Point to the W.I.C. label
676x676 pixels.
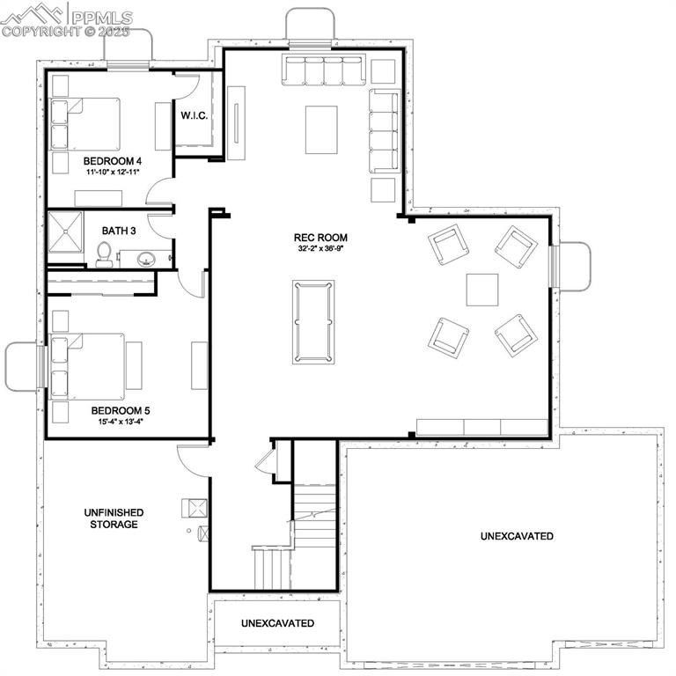194,115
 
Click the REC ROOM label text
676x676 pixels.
320,238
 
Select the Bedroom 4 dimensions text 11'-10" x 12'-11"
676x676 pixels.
113,173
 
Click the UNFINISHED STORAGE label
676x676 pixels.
113,518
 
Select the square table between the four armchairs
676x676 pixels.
482,290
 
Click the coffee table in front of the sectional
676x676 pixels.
321,129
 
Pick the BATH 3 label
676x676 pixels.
119,231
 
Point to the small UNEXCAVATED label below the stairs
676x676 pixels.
277,623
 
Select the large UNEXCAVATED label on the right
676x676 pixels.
517,536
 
